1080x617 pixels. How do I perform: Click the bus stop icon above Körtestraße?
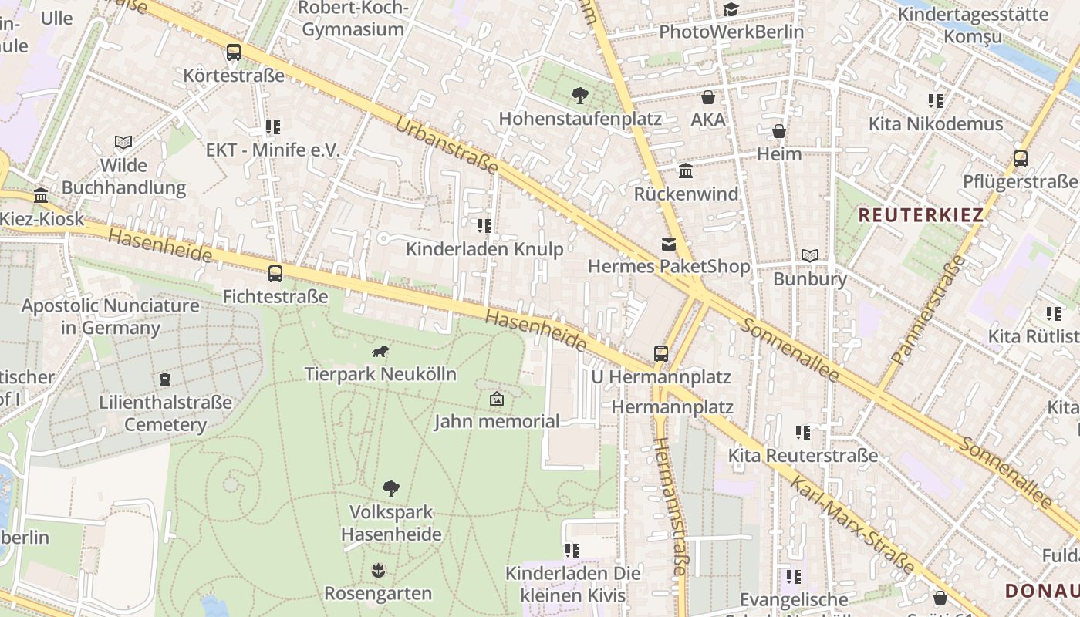(x=233, y=52)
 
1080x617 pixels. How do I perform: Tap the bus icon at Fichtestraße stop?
(x=275, y=273)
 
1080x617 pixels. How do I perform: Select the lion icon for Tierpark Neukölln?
(x=380, y=352)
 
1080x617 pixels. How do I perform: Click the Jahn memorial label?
(x=496, y=421)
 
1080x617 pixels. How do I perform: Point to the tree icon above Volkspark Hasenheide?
(x=391, y=488)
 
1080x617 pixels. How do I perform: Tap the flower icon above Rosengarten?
(x=377, y=571)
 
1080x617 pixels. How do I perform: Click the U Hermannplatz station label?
(x=660, y=377)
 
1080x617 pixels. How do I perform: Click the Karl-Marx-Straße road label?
(x=852, y=526)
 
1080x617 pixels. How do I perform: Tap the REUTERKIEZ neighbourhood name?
(x=921, y=215)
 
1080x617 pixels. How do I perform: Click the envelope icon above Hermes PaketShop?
(x=668, y=244)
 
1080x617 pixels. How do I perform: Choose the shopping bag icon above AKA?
(x=707, y=97)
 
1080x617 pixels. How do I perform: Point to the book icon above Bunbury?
(x=809, y=255)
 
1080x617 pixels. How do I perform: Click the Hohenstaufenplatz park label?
(x=580, y=119)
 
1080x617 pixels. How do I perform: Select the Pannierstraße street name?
(x=928, y=310)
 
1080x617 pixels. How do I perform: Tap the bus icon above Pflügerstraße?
(x=1020, y=159)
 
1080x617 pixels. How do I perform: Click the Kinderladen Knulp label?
(x=484, y=248)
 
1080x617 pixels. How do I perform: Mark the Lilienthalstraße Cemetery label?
(x=165, y=413)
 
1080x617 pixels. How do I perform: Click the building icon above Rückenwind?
(x=685, y=171)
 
